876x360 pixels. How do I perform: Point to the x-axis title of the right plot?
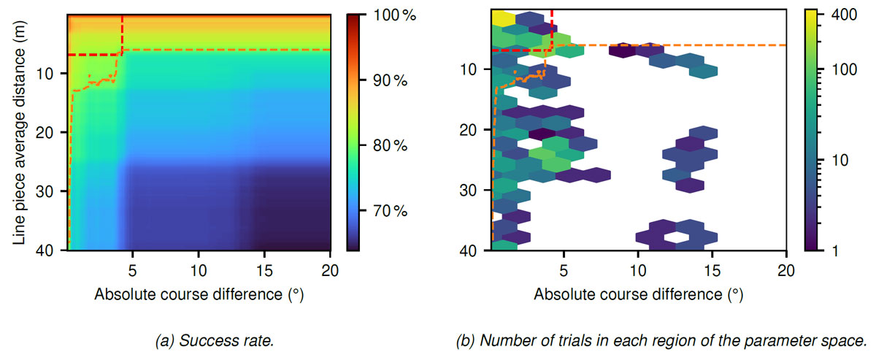pyautogui.click(x=638, y=294)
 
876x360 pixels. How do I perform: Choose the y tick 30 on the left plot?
pyautogui.click(x=51, y=191)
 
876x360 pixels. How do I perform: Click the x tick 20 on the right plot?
pyautogui.click(x=786, y=269)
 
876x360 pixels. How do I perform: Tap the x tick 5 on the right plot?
pyautogui.click(x=564, y=269)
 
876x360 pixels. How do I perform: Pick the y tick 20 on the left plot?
pyautogui.click(x=51, y=132)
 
